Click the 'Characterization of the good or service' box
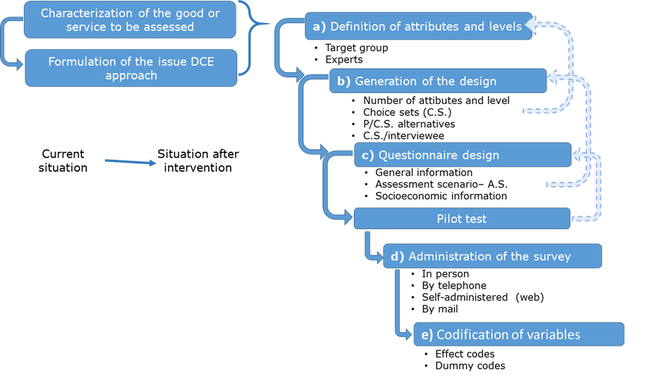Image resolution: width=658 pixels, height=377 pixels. point(130,20)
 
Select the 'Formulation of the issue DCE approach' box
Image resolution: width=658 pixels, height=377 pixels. point(131,68)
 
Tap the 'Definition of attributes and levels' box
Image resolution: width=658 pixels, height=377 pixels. point(418,26)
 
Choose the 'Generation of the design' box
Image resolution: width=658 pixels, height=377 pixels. point(438,81)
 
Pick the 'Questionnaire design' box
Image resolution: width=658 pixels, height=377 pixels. point(462,155)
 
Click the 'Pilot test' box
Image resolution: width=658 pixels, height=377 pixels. point(461,219)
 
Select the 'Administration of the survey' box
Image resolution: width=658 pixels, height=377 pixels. point(491,257)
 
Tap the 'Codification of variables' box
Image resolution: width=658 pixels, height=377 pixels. point(518,334)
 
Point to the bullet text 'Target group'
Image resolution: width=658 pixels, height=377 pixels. point(356,48)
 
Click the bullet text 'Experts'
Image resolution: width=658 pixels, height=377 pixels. point(343,59)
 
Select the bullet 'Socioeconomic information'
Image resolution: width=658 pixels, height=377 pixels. point(441,196)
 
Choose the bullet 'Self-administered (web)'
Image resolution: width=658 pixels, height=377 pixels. point(483,297)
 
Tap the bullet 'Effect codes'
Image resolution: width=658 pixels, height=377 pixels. point(465,354)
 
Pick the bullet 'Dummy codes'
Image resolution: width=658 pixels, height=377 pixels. point(470,366)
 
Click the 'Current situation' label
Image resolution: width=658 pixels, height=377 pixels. point(63,161)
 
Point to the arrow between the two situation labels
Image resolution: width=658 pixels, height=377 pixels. point(128,160)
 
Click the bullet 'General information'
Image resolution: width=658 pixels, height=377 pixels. point(424,173)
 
